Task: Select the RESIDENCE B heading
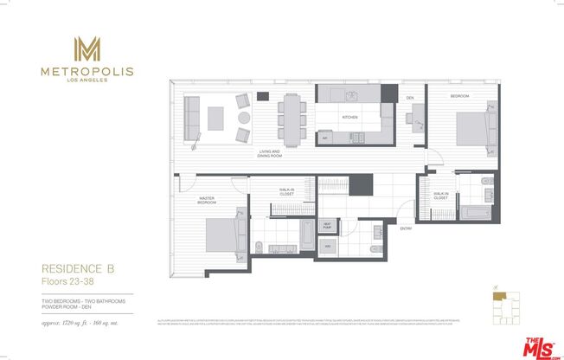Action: (75, 269)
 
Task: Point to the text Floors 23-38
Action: (70, 281)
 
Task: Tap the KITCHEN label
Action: (349, 117)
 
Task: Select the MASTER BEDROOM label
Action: (207, 199)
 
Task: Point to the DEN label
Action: (410, 98)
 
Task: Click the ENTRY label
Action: (405, 228)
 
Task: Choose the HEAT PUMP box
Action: (327, 227)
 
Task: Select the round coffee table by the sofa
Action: (244, 118)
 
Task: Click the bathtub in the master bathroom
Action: (307, 234)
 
